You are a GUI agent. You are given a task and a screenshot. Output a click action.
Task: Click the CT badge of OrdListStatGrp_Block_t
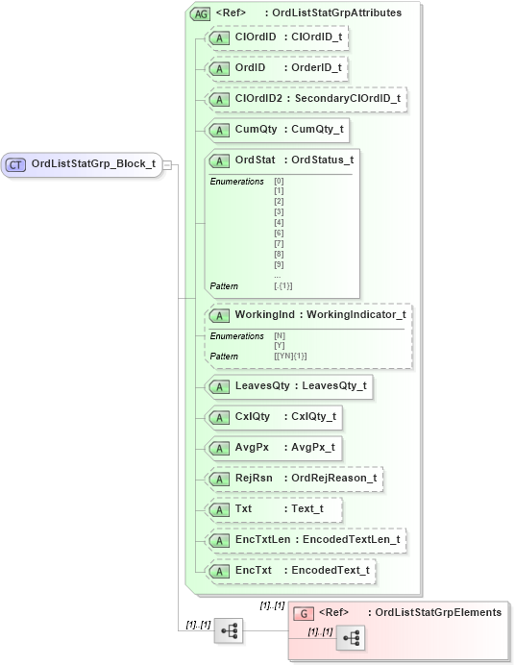pyautogui.click(x=16, y=164)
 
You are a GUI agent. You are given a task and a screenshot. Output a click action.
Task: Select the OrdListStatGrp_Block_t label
pyautogui.click(x=93, y=164)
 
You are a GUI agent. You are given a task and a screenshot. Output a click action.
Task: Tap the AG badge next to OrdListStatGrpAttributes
pyautogui.click(x=201, y=13)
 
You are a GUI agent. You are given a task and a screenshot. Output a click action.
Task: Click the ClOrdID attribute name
pyautogui.click(x=256, y=37)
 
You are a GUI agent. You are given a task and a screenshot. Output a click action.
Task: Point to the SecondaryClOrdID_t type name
pyautogui.click(x=348, y=99)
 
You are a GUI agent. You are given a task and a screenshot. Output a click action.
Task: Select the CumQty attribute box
pyautogui.click(x=277, y=129)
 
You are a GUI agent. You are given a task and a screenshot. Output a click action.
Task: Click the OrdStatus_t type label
pyautogui.click(x=322, y=160)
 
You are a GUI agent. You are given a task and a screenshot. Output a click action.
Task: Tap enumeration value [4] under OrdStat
pyautogui.click(x=279, y=222)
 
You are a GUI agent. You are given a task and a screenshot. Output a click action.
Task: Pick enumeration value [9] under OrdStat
pyautogui.click(x=279, y=264)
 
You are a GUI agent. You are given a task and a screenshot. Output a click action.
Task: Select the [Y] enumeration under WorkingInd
pyautogui.click(x=279, y=346)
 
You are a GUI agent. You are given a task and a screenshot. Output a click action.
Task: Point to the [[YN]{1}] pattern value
pyautogui.click(x=290, y=357)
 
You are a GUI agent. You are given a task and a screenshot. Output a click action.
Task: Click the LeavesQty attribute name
pyautogui.click(x=262, y=386)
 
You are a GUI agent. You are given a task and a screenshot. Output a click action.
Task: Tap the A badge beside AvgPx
pyautogui.click(x=219, y=448)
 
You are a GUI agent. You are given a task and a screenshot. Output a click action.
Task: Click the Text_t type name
pyautogui.click(x=308, y=508)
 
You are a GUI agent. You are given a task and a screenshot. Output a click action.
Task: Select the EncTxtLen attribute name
pyautogui.click(x=262, y=539)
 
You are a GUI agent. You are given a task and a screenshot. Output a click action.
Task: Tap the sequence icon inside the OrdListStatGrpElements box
pyautogui.click(x=350, y=638)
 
